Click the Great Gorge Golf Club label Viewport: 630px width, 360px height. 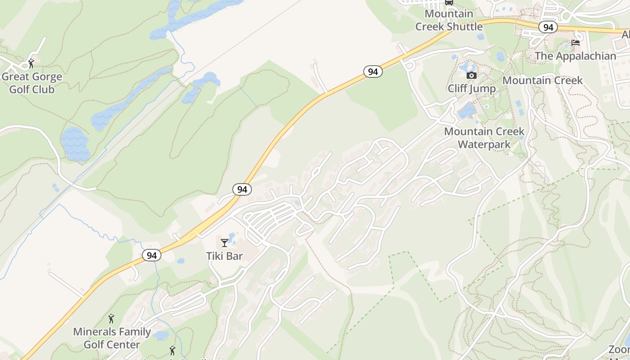tap(31, 83)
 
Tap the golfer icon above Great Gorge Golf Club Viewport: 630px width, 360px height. tap(31, 63)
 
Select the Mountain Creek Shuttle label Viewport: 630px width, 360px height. tap(449, 20)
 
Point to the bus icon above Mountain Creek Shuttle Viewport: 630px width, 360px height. tap(449, 2)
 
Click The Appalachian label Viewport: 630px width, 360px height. tap(575, 56)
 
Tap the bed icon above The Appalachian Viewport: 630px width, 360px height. tap(575, 43)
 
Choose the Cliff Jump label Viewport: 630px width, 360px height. tap(471, 89)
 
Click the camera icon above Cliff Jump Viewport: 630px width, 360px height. tap(471, 75)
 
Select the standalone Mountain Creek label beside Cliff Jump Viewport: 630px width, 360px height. tap(542, 81)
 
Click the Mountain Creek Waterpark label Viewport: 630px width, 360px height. tap(484, 138)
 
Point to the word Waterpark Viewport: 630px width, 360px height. tap(484, 144)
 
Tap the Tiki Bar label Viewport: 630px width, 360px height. tap(224, 256)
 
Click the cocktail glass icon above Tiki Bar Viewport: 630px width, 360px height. tap(224, 243)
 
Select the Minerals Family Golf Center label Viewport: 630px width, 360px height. tap(112, 338)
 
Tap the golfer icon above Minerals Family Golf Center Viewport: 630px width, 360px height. tap(111, 319)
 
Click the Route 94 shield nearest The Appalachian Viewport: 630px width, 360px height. tap(548, 27)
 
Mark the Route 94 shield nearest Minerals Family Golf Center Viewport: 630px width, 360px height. tap(152, 255)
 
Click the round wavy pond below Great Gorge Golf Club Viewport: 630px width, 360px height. tap(75, 143)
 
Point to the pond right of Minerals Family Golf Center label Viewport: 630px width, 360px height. tap(161, 335)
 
